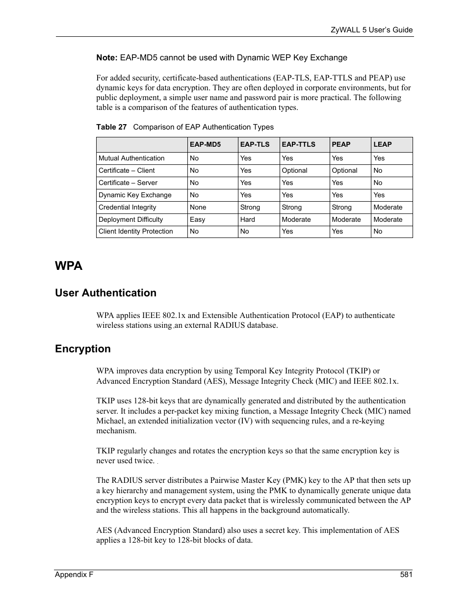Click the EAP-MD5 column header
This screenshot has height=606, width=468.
coord(205,144)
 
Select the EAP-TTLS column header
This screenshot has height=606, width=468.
coord(298,144)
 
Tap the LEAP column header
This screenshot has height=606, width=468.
coord(382,144)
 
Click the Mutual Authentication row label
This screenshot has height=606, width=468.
coord(131,158)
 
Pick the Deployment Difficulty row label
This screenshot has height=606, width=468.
coord(130,219)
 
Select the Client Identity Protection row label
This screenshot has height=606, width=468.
coord(135,231)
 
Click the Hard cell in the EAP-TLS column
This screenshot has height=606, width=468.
coord(247,219)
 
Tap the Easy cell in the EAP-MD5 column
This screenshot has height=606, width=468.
coord(197,219)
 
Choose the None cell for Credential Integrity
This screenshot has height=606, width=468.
coord(198,207)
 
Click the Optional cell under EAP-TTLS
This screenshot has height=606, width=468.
coord(294,170)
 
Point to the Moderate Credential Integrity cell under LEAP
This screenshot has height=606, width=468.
coord(388,207)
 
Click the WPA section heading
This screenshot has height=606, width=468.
coord(69,266)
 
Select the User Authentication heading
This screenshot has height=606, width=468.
coord(105,293)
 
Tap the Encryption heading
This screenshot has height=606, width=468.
coord(83,349)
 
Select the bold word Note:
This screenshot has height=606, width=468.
coord(106,57)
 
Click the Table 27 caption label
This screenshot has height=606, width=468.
coord(111,127)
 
